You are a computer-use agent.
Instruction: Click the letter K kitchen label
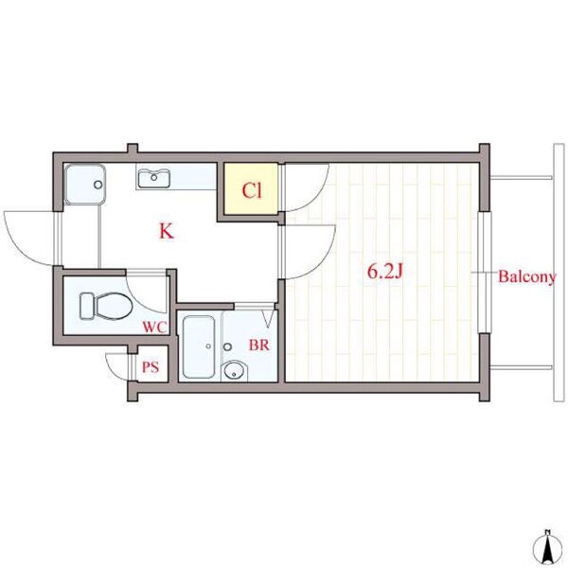(x=167, y=231)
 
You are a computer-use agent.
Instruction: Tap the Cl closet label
(x=252, y=190)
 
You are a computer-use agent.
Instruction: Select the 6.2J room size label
(x=385, y=272)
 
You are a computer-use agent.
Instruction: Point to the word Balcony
(x=526, y=276)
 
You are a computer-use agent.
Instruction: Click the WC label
(x=154, y=328)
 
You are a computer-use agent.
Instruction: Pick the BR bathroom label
(x=259, y=345)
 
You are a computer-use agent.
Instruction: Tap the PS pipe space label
(x=151, y=367)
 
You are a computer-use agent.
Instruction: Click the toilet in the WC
(x=106, y=306)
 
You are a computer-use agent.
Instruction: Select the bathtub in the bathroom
(x=199, y=347)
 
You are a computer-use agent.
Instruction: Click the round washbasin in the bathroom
(x=235, y=371)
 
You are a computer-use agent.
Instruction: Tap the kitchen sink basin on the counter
(x=154, y=178)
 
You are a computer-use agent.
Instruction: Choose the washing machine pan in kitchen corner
(x=85, y=185)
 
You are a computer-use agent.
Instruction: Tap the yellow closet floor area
(x=251, y=188)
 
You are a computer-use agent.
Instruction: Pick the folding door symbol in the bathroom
(x=269, y=319)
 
